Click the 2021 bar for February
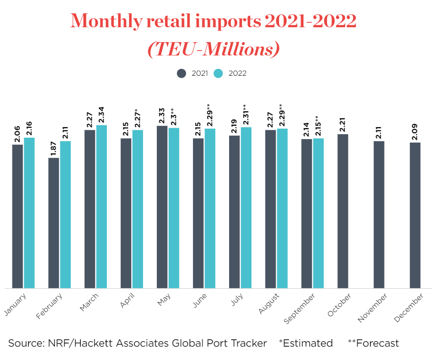53,223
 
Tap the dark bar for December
415,215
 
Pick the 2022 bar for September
318,213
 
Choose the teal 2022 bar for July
246,207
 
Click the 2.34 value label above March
101,116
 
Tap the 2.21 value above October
343,125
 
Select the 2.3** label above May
174,117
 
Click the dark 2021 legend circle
182,73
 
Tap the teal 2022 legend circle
218,73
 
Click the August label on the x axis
269,303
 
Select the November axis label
373,308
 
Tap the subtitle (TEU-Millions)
213,49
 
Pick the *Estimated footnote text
306,343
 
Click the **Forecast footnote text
373,343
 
